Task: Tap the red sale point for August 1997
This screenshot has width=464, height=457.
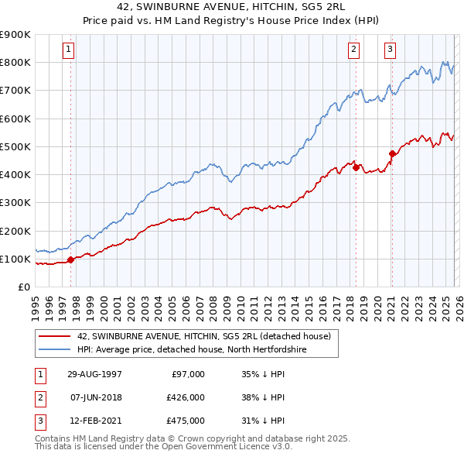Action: pos(71,259)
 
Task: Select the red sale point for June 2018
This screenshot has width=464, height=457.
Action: pos(356,167)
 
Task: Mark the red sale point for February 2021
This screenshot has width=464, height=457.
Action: pos(392,153)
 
